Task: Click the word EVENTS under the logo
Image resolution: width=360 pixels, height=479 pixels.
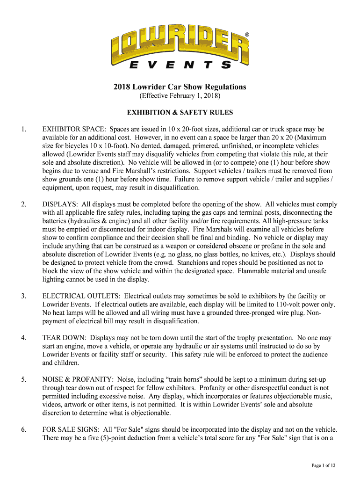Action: (180, 65)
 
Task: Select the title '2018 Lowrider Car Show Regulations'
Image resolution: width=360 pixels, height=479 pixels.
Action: (180, 87)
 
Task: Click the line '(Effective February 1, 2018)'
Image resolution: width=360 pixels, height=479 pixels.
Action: (180, 96)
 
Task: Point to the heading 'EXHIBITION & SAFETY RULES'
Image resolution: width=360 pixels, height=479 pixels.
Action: (180, 113)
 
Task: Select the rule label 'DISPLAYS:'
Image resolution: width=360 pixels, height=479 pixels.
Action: (60, 204)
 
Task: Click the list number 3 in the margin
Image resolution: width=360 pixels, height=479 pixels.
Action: (23, 296)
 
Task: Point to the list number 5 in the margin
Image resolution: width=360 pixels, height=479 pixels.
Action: (23, 379)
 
